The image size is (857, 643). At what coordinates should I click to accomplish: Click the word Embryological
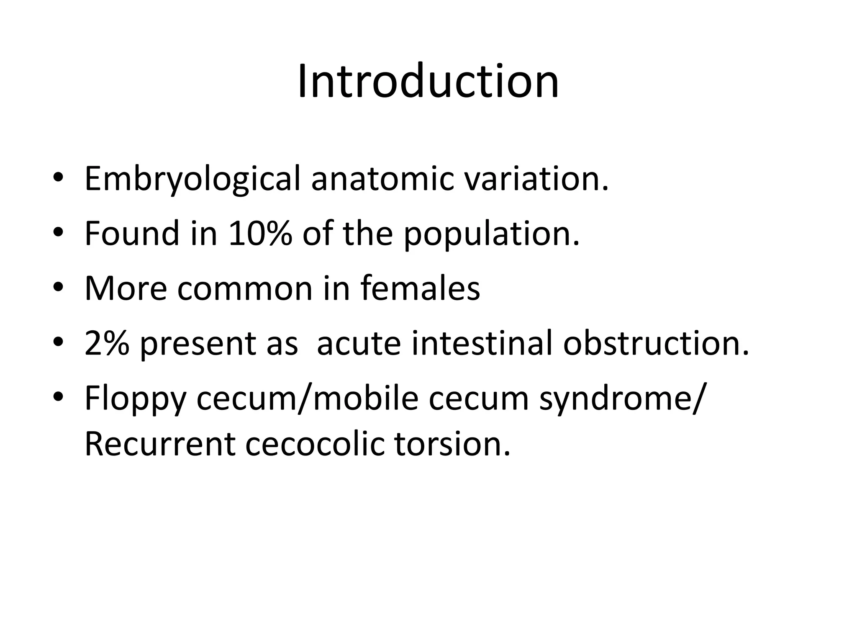[192, 179]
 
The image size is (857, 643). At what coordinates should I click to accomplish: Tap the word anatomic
[382, 178]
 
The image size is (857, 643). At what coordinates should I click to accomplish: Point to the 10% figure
[260, 234]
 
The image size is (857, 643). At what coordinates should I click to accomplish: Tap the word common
[245, 289]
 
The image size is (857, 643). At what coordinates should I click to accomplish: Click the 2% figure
[106, 343]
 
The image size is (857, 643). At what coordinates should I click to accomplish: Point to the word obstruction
[656, 343]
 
